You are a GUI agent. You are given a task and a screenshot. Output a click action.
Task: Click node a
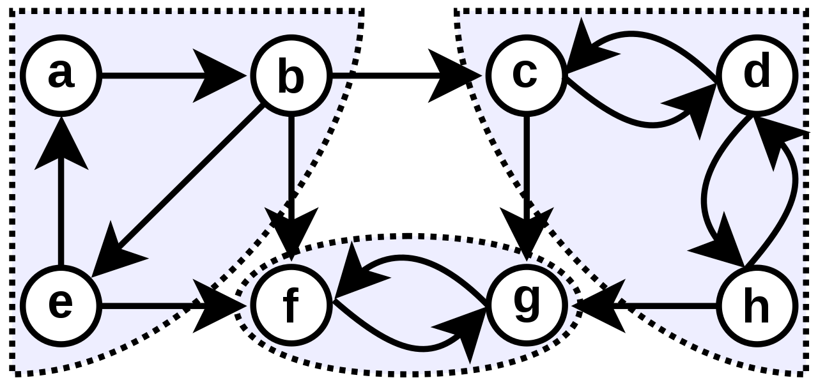(x=61, y=75)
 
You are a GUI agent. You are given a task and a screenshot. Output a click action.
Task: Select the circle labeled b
(x=291, y=75)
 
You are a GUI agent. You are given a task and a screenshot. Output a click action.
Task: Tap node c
(x=526, y=75)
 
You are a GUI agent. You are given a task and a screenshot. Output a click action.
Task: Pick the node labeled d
(x=756, y=75)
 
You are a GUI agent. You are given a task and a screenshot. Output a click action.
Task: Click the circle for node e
(x=61, y=306)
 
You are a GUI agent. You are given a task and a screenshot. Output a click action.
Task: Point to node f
(x=291, y=306)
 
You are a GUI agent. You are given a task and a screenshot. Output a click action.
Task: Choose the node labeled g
(x=526, y=306)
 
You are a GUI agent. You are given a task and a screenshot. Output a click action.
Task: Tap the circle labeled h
(x=756, y=306)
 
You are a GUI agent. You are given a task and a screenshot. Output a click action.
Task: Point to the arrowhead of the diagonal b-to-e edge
(x=115, y=252)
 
